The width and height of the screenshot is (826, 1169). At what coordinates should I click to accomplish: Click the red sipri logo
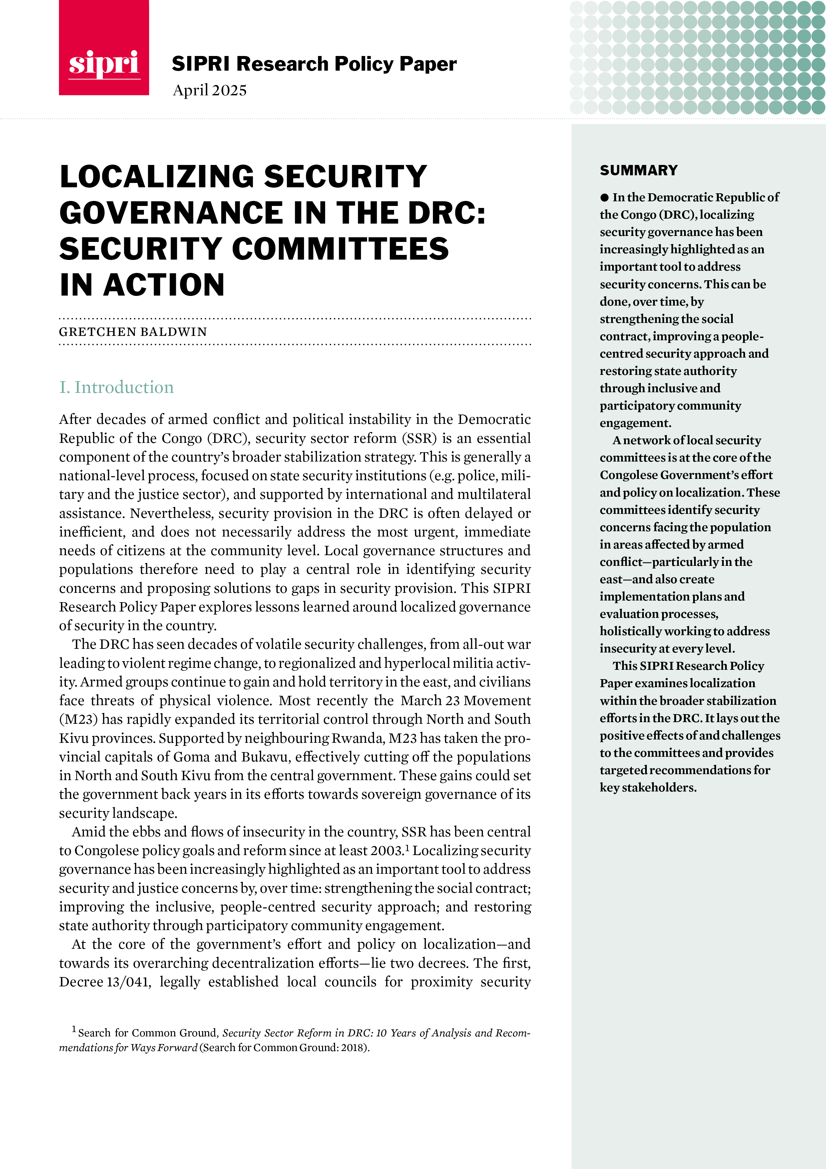[104, 48]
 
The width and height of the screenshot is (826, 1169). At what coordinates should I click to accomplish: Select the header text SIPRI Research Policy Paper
[314, 64]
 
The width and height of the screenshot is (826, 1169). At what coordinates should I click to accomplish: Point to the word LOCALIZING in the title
[156, 176]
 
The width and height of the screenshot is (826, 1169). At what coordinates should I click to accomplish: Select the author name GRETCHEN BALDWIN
[133, 332]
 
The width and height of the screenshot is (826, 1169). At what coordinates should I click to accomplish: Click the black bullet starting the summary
[605, 198]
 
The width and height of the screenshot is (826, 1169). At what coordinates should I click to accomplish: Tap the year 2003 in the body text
[387, 851]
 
